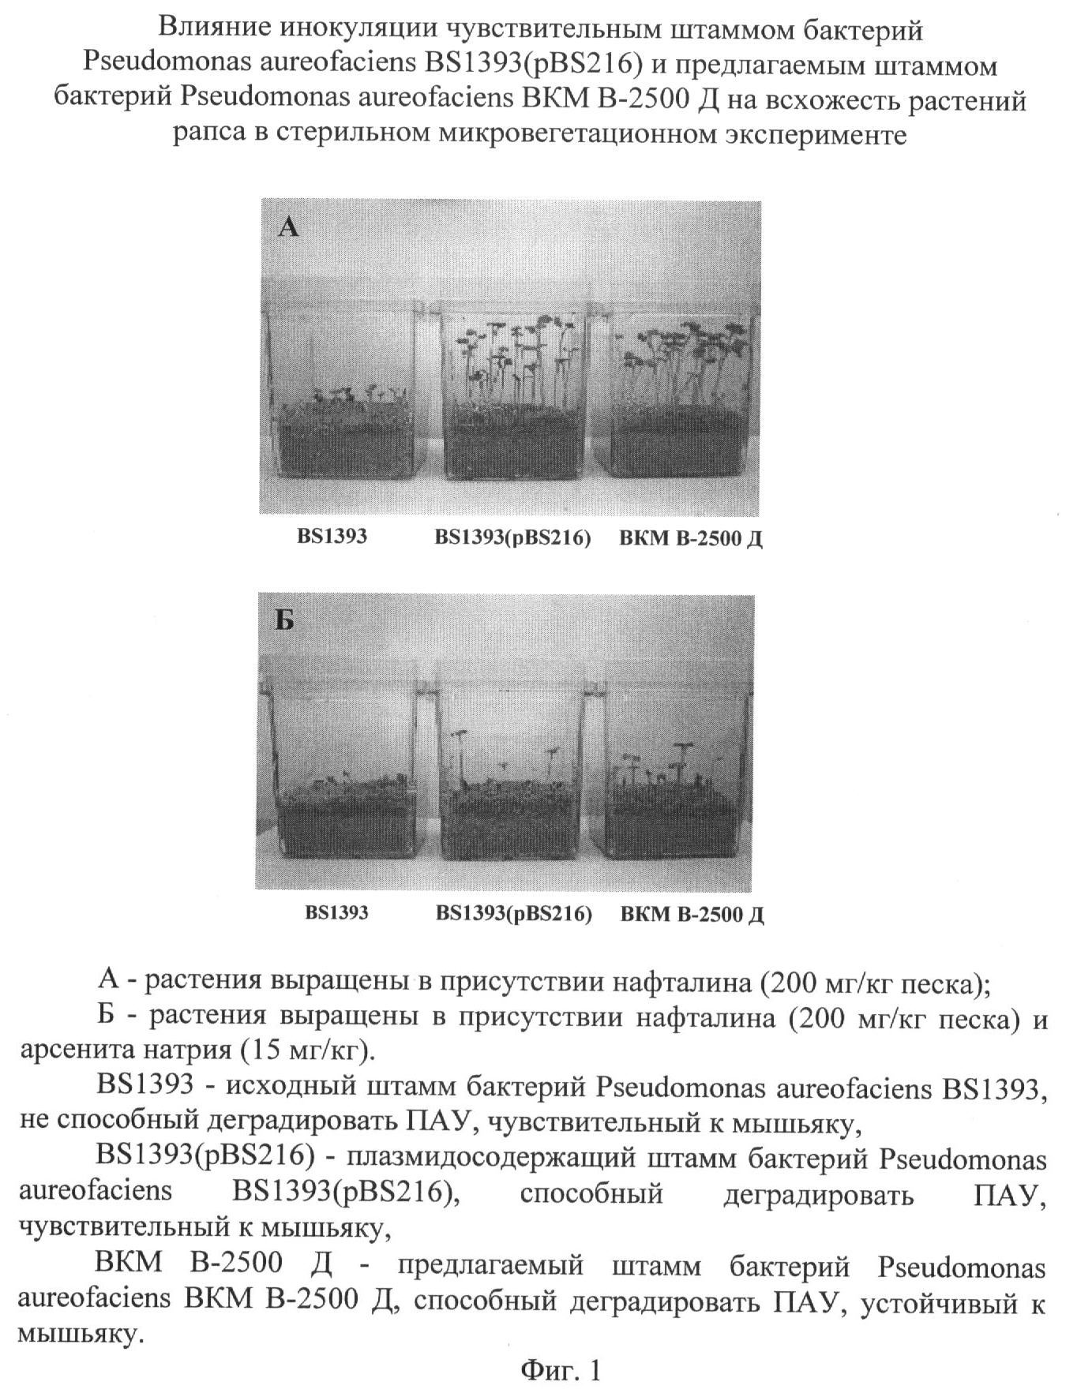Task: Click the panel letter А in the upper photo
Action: point(289,228)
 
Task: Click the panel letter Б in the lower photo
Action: point(285,621)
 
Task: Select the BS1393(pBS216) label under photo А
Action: point(512,538)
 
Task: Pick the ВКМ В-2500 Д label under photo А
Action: point(691,539)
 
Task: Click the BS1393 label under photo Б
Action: point(337,913)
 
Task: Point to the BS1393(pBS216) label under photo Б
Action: point(514,914)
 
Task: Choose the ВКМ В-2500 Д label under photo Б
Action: point(692,915)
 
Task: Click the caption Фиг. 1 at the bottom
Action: point(561,1369)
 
